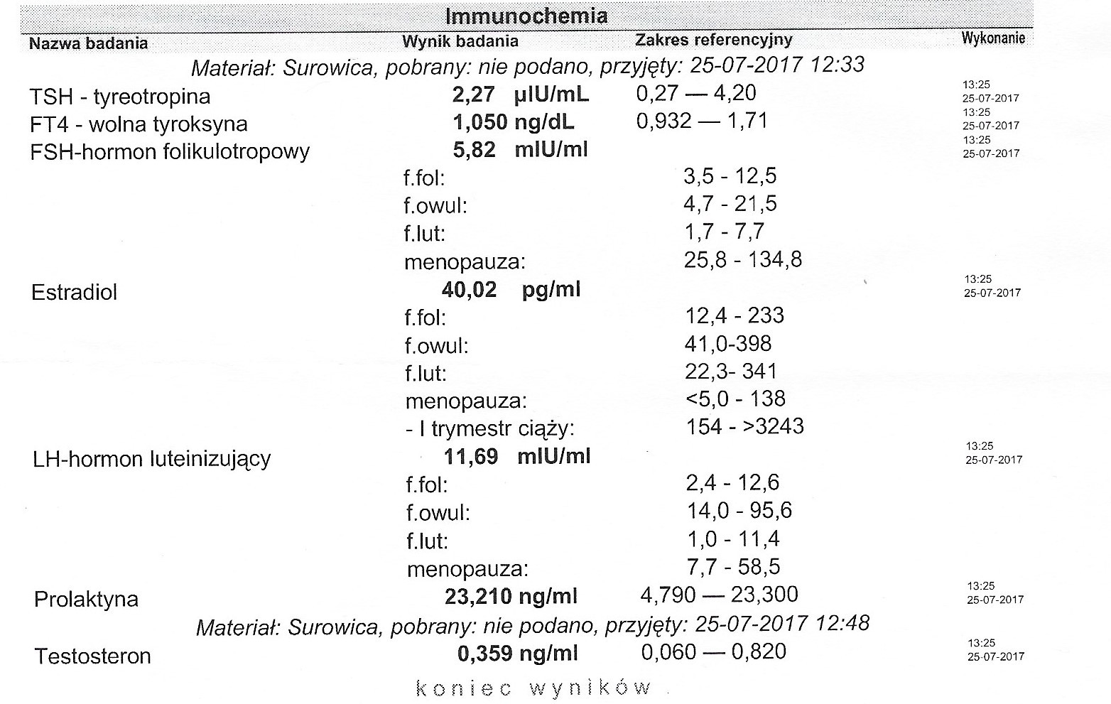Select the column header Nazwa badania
click(x=88, y=43)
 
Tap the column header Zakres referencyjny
click(x=713, y=40)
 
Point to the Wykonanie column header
click(x=993, y=38)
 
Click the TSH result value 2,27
click(x=473, y=94)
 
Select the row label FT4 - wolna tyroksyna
click(x=139, y=124)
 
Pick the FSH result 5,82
click(x=474, y=150)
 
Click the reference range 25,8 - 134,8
click(x=743, y=259)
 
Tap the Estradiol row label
click(x=74, y=292)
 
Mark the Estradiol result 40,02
click(x=469, y=289)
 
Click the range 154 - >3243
click(x=745, y=426)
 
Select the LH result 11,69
click(x=470, y=455)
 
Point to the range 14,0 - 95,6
click(x=739, y=510)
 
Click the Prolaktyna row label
click(x=86, y=599)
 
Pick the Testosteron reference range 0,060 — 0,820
click(x=713, y=651)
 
